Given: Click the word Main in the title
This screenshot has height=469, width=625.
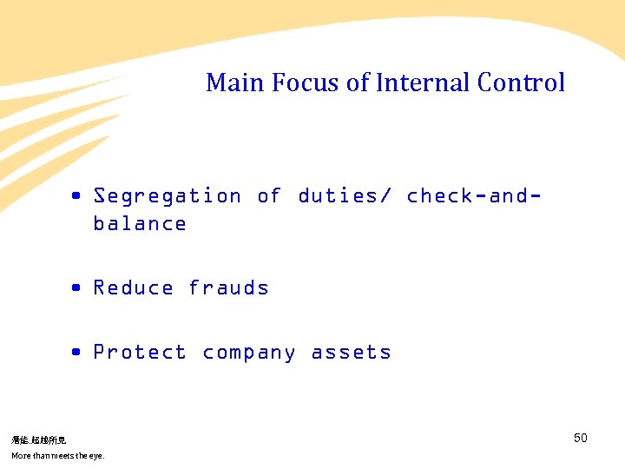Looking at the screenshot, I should [x=235, y=83].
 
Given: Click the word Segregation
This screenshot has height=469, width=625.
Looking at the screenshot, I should [x=168, y=196].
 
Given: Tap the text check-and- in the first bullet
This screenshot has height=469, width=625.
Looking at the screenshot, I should [x=474, y=196].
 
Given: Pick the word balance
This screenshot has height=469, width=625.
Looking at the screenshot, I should [x=140, y=224].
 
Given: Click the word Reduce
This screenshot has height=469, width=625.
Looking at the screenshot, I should [x=133, y=288].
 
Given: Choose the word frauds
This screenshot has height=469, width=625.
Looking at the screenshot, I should [x=228, y=288].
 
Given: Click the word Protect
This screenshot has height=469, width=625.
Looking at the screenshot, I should [x=140, y=353].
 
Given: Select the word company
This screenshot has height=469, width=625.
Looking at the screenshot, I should [x=249, y=353].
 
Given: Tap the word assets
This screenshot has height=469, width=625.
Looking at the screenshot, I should [x=351, y=353].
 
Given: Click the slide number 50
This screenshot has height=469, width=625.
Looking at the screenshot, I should [x=581, y=438].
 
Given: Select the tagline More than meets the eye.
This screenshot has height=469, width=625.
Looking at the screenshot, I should [x=57, y=456].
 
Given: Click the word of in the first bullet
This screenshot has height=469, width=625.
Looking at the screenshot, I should [x=269, y=196].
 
